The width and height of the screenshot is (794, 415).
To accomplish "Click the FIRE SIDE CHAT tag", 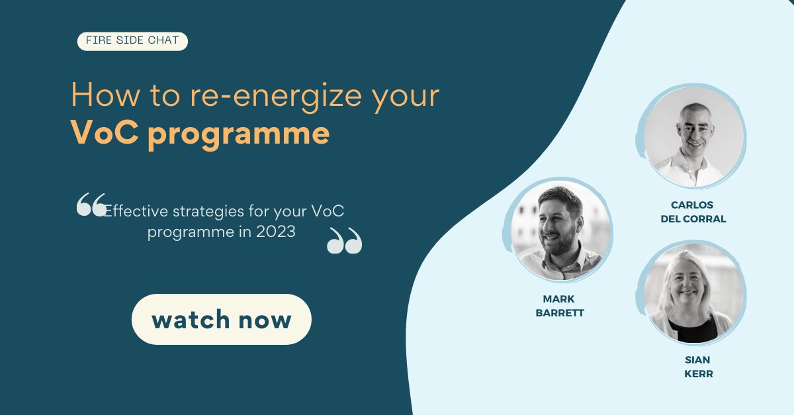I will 132,41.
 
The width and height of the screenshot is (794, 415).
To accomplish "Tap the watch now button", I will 221,320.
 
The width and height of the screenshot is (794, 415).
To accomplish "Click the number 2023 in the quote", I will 276,232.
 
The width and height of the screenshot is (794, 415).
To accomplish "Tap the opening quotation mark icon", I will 91,205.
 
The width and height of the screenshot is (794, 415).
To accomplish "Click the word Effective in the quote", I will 136,211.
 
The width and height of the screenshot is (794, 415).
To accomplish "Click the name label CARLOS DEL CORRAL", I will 693,212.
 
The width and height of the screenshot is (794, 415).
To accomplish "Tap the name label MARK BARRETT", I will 559,306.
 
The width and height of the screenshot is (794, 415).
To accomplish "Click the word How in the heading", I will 98,96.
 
